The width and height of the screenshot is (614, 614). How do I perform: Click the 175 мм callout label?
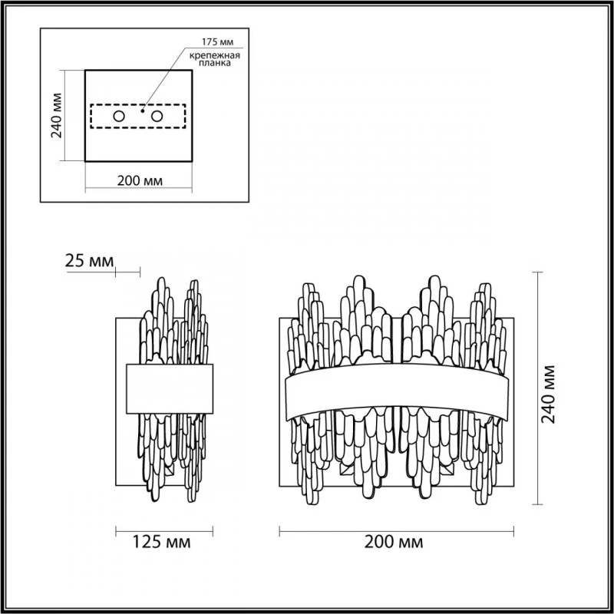[x=217, y=42]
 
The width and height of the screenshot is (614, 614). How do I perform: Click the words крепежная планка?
[x=215, y=59]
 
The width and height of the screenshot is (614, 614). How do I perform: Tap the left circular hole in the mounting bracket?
[x=119, y=117]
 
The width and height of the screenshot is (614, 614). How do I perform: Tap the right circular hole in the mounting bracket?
[x=157, y=117]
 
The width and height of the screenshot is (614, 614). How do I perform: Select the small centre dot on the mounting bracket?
[x=143, y=111]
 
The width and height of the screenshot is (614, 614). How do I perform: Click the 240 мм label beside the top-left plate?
[x=57, y=116]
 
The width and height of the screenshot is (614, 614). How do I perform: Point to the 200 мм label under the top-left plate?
[x=140, y=180]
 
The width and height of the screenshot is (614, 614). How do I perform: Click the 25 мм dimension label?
[x=89, y=261]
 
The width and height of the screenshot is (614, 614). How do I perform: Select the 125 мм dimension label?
[x=162, y=543]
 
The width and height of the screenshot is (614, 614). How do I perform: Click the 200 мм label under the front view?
[x=394, y=543]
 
